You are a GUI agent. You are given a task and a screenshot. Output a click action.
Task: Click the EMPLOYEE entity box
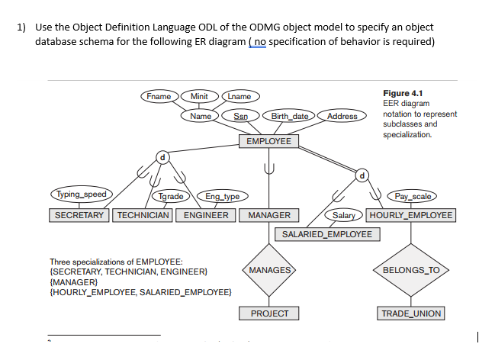pyautogui.click(x=268, y=141)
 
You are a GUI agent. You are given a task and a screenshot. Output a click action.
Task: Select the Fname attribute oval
pyautogui.click(x=159, y=96)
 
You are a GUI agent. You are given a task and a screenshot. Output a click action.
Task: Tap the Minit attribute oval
pyautogui.click(x=199, y=96)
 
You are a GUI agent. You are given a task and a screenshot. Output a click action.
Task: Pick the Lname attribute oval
pyautogui.click(x=240, y=96)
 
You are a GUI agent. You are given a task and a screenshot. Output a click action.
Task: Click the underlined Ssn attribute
pyautogui.click(x=240, y=116)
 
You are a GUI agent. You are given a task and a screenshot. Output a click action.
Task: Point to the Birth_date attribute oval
pyautogui.click(x=290, y=116)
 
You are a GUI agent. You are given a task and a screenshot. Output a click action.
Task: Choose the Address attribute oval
pyautogui.click(x=342, y=116)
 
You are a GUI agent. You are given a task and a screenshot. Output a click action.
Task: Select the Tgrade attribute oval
pyautogui.click(x=170, y=197)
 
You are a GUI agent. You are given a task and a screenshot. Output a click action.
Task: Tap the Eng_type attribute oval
pyautogui.click(x=220, y=197)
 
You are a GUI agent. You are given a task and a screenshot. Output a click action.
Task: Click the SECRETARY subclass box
pyautogui.click(x=80, y=215)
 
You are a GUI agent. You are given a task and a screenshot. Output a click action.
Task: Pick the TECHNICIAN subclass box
pyautogui.click(x=143, y=215)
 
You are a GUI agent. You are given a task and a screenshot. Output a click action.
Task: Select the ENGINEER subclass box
pyautogui.click(x=206, y=215)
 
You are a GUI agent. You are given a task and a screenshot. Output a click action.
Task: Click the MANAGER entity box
pyautogui.click(x=269, y=215)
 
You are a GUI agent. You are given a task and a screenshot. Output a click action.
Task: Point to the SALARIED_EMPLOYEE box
pyautogui.click(x=327, y=233)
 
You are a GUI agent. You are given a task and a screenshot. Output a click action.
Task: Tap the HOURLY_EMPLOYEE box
pyautogui.click(x=411, y=215)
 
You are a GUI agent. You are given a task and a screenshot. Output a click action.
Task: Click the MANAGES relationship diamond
pyautogui.click(x=269, y=270)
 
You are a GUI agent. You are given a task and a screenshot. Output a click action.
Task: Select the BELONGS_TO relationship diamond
pyautogui.click(x=411, y=270)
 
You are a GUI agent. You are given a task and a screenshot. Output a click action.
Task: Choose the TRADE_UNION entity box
pyautogui.click(x=411, y=313)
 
